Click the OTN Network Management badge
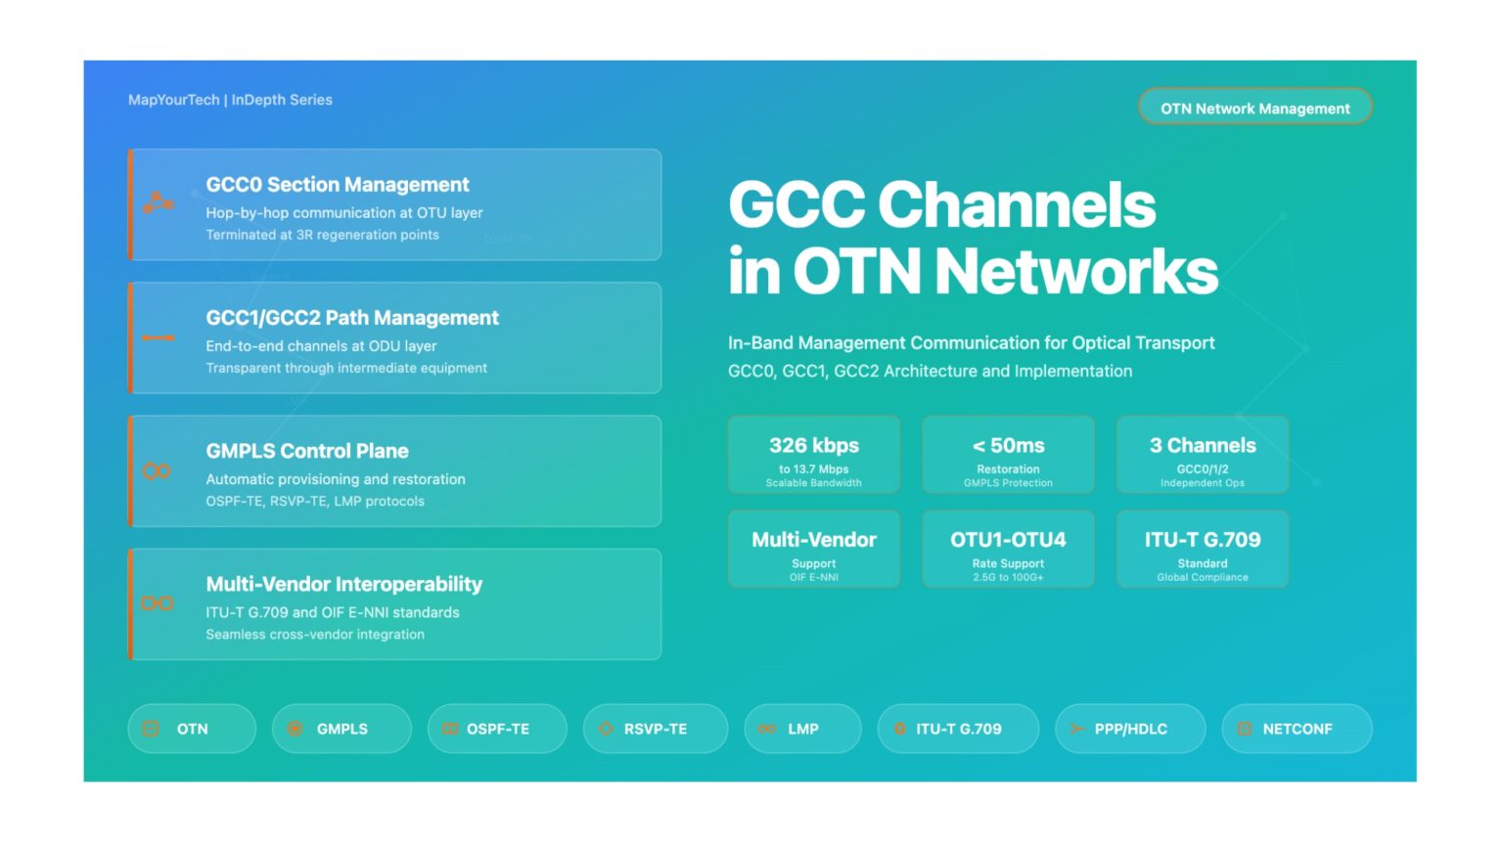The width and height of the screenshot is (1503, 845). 1254,108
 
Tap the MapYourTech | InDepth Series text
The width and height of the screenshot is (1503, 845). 230,100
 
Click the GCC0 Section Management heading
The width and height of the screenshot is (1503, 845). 338,185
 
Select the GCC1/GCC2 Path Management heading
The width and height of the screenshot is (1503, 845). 352,318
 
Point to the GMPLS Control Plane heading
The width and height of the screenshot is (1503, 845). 307,451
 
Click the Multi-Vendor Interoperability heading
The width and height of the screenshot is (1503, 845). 344,584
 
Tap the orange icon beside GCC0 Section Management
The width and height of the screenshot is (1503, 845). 158,203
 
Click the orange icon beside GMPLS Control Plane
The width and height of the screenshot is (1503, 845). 158,471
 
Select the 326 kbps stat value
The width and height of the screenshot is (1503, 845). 814,446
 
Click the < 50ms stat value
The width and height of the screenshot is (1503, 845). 1008,446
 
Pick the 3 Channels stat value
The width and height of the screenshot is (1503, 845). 1203,446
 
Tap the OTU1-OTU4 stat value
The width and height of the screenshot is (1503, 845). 1008,540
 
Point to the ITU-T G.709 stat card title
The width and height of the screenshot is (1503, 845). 1203,540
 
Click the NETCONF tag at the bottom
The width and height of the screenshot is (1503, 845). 1297,729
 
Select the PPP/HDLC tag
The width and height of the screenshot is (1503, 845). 1130,729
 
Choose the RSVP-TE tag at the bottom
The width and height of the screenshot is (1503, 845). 655,729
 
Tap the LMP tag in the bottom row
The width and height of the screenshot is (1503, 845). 802,729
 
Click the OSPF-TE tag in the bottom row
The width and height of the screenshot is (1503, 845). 497,729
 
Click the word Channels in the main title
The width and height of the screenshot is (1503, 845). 1017,205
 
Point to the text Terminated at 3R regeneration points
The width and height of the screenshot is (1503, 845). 322,235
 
